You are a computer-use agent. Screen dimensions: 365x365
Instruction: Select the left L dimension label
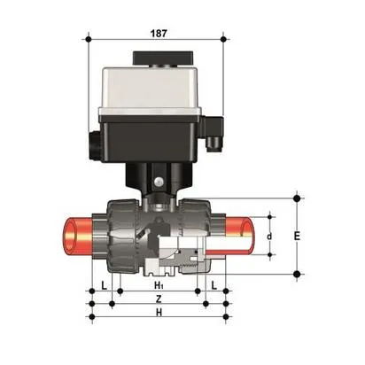104,285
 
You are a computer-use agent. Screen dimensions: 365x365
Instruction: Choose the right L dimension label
214,285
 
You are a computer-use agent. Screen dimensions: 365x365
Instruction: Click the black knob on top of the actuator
155,58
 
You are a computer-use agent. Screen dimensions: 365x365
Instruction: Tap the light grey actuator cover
155,89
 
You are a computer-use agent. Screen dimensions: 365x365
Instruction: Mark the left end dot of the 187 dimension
89,39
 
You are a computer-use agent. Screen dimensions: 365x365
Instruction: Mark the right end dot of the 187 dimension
223,39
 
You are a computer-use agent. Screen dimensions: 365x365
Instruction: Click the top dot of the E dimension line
297,197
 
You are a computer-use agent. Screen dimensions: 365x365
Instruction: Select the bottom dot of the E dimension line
297,275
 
